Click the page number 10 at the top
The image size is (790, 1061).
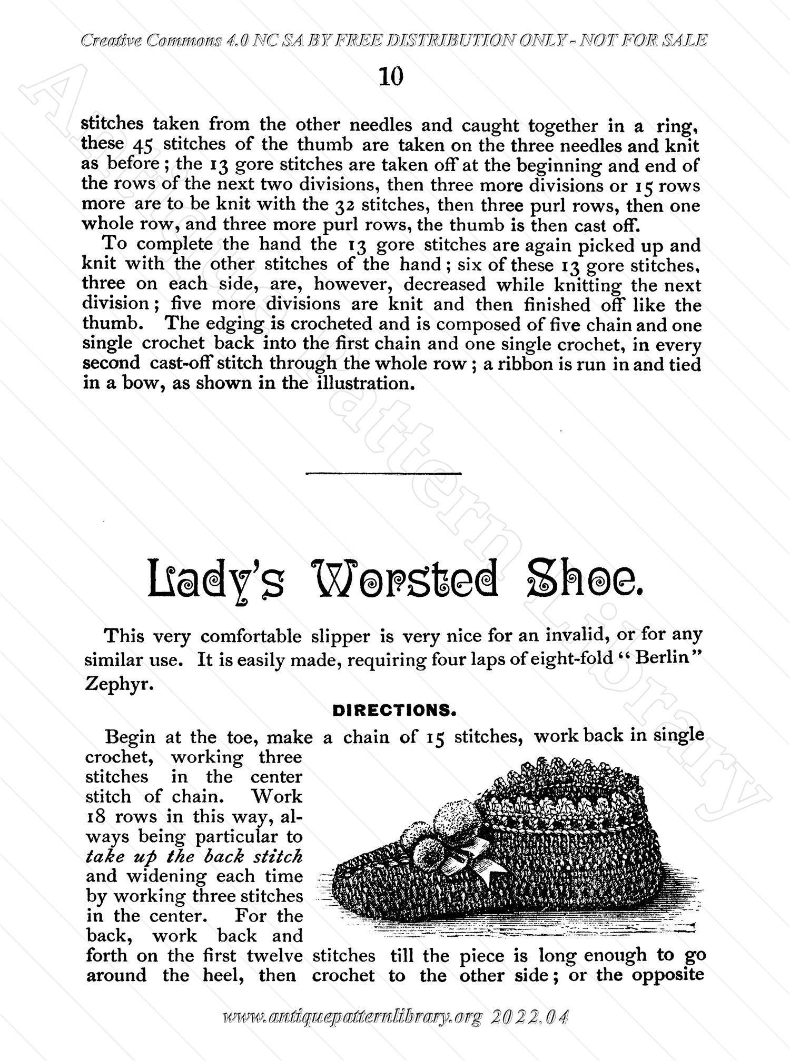click(x=391, y=77)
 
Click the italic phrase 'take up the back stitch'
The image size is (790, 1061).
click(x=194, y=856)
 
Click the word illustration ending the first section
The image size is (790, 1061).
click(x=363, y=383)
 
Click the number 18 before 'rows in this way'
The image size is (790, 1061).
click(x=97, y=817)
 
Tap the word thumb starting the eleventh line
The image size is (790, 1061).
click(x=107, y=324)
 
